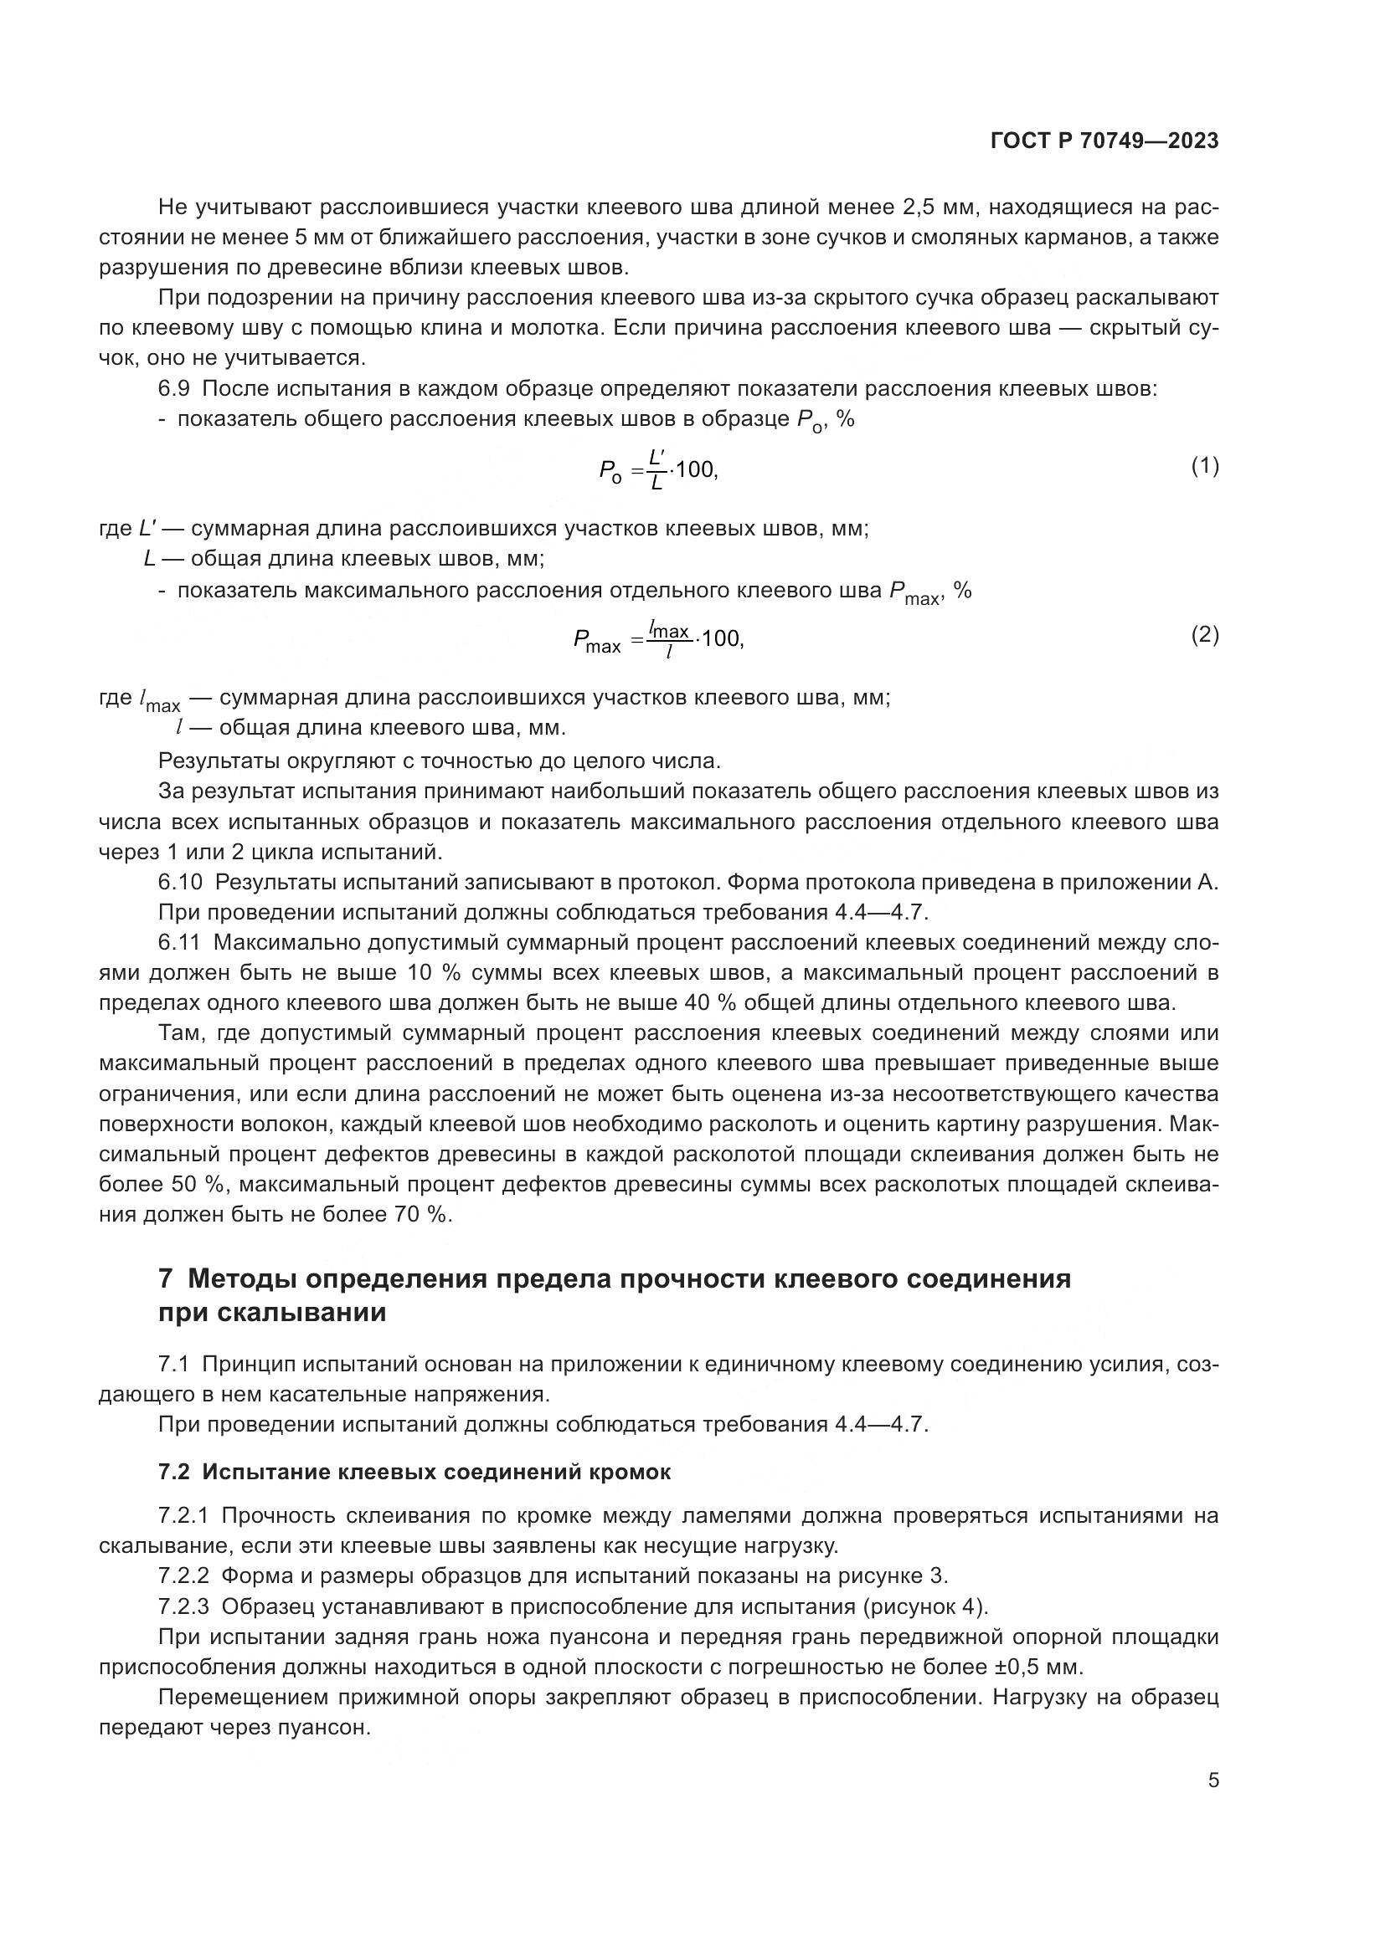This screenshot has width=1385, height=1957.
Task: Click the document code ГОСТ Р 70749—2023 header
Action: [1104, 141]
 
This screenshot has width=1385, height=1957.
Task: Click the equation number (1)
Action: [1204, 466]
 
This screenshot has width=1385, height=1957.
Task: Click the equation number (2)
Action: [1204, 635]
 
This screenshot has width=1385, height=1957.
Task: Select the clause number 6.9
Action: [173, 389]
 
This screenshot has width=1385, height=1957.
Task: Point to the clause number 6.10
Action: [180, 882]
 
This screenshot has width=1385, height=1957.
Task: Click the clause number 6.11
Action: [179, 943]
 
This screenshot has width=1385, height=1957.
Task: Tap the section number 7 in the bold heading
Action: [167, 1279]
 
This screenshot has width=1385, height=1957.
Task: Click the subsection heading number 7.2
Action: [174, 1472]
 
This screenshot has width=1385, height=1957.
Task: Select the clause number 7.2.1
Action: [183, 1515]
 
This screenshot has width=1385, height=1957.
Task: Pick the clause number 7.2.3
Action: [183, 1606]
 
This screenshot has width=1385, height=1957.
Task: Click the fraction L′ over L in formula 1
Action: [656, 469]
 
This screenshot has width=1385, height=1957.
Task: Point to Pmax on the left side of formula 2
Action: [597, 640]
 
